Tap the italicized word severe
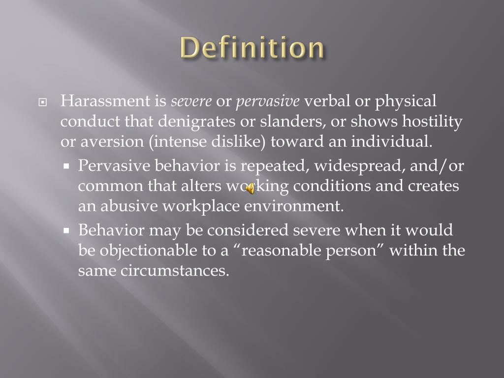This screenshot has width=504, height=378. [x=191, y=102]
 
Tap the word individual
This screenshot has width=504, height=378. [x=391, y=142]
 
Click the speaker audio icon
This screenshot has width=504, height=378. [x=251, y=188]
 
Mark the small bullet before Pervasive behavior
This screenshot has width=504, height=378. [x=67, y=166]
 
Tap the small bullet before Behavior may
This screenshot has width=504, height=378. [x=67, y=230]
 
